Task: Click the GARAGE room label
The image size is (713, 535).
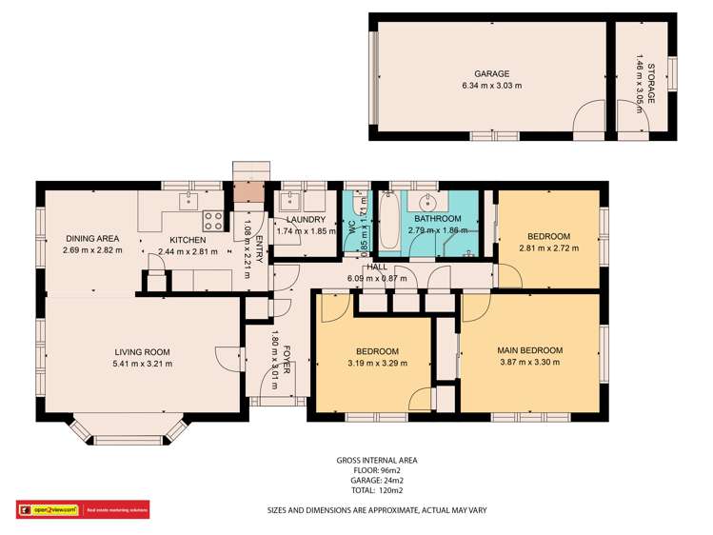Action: [492, 73]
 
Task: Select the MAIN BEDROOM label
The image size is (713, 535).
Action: [529, 349]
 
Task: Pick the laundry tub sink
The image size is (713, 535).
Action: [288, 201]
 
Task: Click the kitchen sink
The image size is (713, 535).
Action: [188, 201]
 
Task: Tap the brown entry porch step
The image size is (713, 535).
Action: [251, 190]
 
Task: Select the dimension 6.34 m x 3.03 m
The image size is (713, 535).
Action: [492, 86]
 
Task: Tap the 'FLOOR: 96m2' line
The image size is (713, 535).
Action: [377, 471]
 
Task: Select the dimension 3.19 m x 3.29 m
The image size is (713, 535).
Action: [377, 363]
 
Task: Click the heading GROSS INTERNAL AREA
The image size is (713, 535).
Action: [377, 460]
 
